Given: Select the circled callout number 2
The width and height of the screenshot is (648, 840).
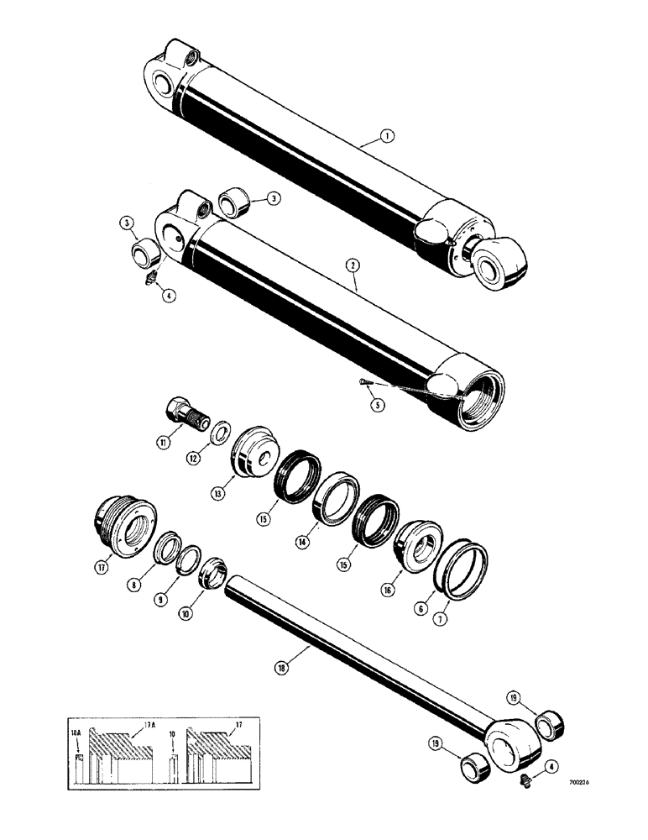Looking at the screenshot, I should click(355, 264).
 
